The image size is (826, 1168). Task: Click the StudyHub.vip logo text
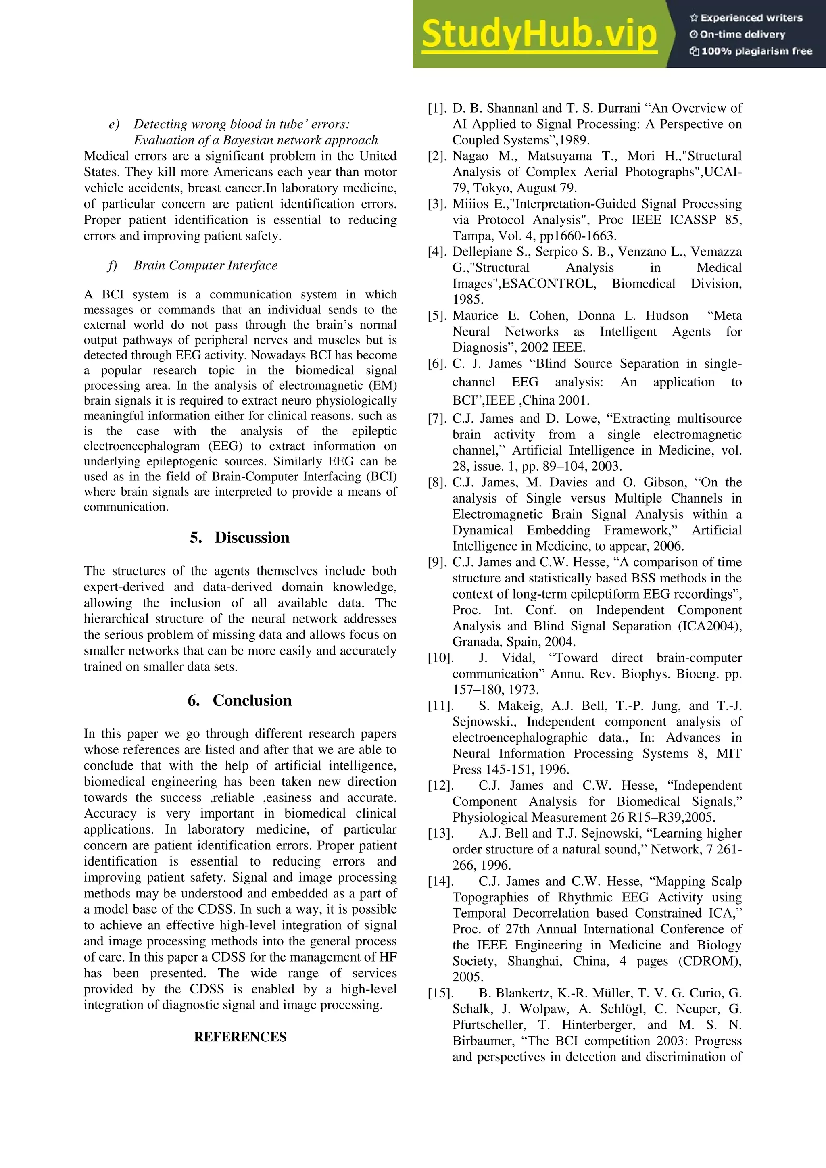coord(539,34)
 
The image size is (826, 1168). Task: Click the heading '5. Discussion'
coord(240,537)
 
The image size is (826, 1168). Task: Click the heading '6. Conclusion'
coord(240,700)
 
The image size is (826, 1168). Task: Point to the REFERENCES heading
coord(240,1037)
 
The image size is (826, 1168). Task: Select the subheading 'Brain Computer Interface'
coord(205,265)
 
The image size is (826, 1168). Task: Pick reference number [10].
coord(440,658)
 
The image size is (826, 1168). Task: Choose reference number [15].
coord(440,993)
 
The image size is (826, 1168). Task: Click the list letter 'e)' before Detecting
coord(114,124)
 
